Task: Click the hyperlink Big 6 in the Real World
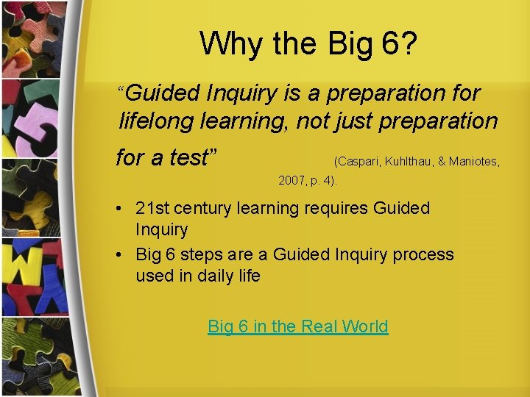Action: (297, 326)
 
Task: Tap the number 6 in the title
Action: (392, 43)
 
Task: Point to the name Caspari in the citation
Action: (358, 160)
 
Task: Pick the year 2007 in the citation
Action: (290, 179)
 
